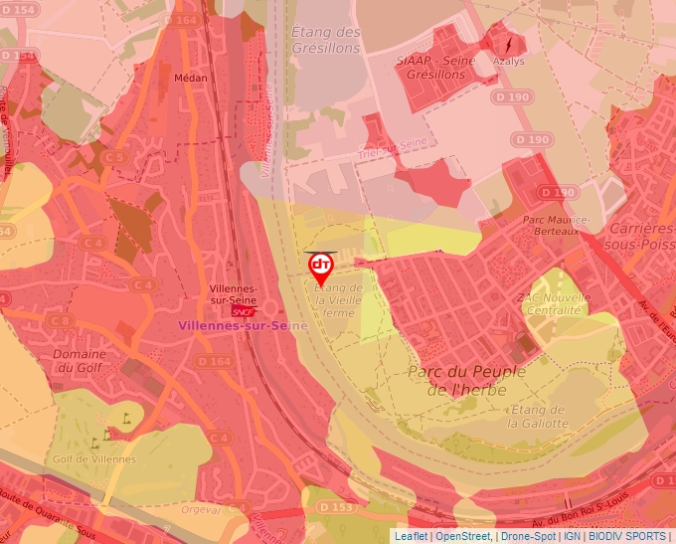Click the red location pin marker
click(320, 267)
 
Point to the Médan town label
click(190, 76)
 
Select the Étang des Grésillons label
click(325, 39)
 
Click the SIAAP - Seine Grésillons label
click(435, 67)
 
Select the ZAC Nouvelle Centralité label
click(549, 303)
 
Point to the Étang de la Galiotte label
click(538, 416)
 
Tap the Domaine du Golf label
click(80, 360)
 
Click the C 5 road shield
click(116, 157)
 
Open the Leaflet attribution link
click(412, 536)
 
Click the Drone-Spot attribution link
click(528, 536)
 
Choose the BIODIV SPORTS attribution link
click(626, 536)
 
